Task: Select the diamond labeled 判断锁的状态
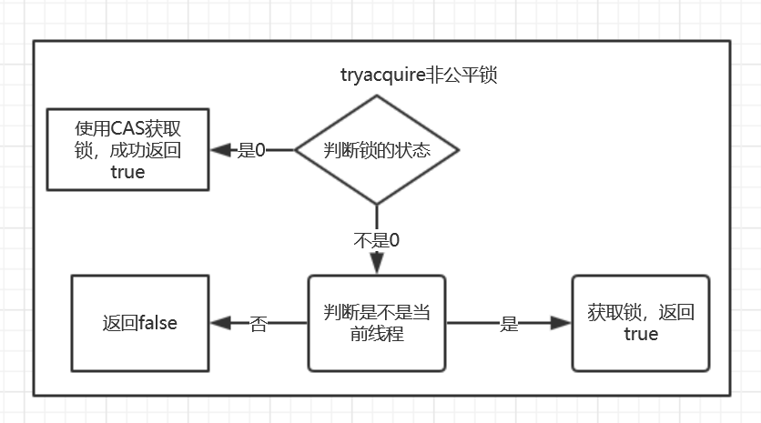pos(377,150)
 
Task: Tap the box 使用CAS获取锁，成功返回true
pos(127,149)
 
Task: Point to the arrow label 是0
pos(251,150)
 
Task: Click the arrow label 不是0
pos(376,241)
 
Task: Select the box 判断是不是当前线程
pos(377,323)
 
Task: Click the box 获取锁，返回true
pos(640,323)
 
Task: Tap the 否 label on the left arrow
pos(259,324)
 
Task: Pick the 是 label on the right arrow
pos(508,324)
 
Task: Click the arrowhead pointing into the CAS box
pos(218,150)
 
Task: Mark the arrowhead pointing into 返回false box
pos(218,323)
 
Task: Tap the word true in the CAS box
pos(127,172)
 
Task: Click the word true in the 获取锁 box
pos(640,335)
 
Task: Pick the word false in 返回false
pos(157,323)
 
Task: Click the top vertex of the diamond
pos(377,96)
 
